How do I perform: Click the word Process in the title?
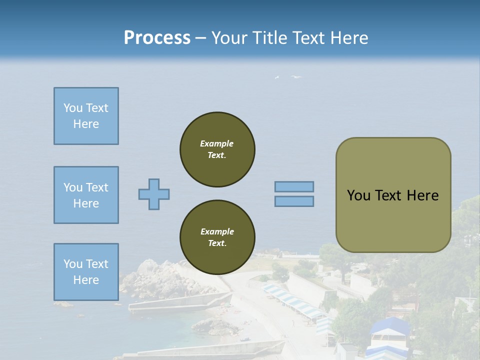157,37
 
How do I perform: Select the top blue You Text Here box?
86,116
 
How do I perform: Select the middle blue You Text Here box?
86,195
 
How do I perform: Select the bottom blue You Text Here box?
86,271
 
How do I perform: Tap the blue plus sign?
154,194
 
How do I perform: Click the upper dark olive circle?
217,149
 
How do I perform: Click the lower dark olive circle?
217,237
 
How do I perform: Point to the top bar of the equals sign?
294,186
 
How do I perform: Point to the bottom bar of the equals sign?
294,201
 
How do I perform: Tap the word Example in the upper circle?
217,143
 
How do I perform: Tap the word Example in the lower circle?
217,231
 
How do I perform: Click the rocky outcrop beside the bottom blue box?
150,280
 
